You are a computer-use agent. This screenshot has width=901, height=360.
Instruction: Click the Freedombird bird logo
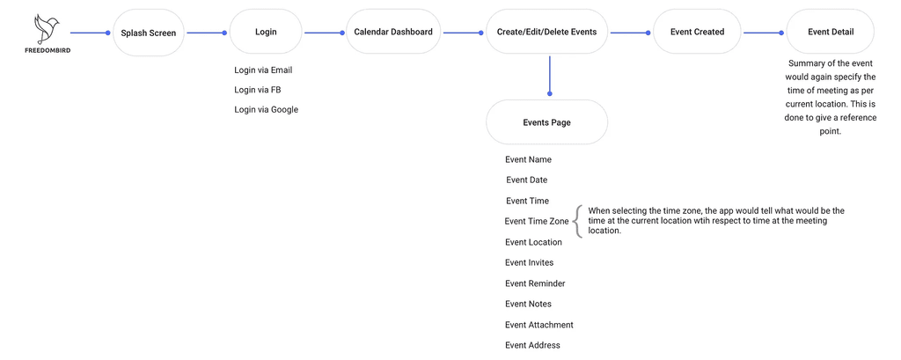(x=48, y=30)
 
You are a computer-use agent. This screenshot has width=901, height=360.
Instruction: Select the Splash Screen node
(x=148, y=33)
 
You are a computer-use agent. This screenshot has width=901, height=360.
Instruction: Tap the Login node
(x=266, y=33)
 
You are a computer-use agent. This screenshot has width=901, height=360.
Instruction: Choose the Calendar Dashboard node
(x=393, y=33)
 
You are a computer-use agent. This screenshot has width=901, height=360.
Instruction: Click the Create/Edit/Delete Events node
(x=546, y=33)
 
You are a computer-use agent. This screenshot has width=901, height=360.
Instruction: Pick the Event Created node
(x=697, y=33)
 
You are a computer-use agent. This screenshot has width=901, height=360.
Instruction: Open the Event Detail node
(x=831, y=33)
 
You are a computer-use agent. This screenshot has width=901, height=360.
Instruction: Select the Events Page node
(x=546, y=122)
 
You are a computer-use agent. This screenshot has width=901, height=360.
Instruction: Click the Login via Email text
(x=263, y=70)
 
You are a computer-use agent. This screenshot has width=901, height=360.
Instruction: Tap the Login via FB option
(x=258, y=90)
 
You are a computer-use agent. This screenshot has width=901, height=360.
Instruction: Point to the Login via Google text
(x=266, y=109)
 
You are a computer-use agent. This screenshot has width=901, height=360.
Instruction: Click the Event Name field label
(x=528, y=159)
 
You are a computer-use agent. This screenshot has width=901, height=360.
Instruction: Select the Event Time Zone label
(x=537, y=222)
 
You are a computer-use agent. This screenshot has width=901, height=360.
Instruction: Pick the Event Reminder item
(x=535, y=283)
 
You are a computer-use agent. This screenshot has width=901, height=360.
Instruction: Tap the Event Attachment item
(x=539, y=325)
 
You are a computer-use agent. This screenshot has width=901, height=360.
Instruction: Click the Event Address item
(x=532, y=346)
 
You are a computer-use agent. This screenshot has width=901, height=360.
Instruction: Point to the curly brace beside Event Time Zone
(x=578, y=222)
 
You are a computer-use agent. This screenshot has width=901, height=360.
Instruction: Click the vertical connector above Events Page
(x=549, y=75)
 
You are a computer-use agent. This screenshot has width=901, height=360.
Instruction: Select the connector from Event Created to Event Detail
(x=763, y=33)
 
